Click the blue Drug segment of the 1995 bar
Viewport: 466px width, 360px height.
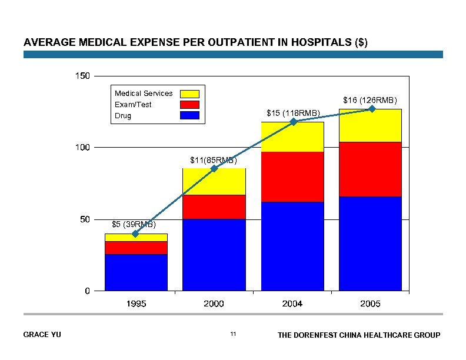[136, 272]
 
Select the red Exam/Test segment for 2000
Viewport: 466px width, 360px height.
[214, 207]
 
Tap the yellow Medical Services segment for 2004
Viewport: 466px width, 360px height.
[292, 137]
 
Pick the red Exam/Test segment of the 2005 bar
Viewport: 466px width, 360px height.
[370, 169]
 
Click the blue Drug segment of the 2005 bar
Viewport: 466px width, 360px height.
[370, 244]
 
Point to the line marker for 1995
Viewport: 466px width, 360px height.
[135, 234]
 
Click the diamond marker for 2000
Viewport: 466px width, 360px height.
[214, 168]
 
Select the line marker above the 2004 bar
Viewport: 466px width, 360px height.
[293, 122]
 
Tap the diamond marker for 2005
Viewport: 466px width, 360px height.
[372, 109]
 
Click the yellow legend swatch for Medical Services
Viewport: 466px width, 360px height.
[189, 94]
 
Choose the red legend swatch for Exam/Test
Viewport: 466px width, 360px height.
[189, 105]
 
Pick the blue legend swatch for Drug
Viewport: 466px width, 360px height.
[189, 116]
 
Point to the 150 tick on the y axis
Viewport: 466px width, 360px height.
[82, 76]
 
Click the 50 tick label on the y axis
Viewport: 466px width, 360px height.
[85, 219]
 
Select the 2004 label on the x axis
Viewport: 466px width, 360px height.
[292, 304]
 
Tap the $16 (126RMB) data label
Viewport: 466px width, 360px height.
[370, 100]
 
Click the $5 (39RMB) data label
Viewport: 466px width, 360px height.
[134, 224]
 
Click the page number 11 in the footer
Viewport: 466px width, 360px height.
[233, 335]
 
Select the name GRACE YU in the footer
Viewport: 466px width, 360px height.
[42, 335]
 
